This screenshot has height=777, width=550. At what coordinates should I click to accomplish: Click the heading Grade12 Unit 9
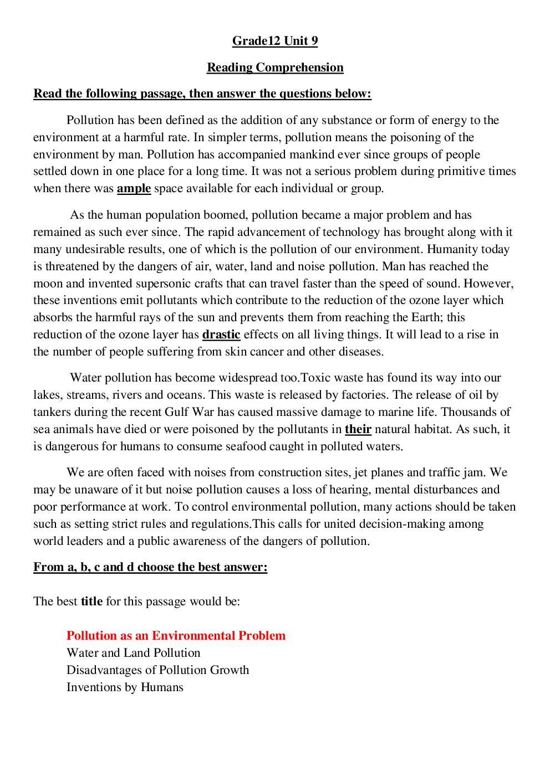coord(275,41)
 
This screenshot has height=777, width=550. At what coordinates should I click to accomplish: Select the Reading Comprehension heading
coord(275,68)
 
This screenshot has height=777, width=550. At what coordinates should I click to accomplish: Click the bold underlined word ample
coord(134,188)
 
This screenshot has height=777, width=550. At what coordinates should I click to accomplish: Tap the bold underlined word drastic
coord(221,335)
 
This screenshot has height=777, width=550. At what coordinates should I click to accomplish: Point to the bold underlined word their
coord(358,429)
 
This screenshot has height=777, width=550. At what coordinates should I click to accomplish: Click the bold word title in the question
coord(91,601)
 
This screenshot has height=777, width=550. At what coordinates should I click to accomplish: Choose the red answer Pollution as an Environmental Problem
coord(176,636)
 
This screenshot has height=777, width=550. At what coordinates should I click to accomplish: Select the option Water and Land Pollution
coord(133,653)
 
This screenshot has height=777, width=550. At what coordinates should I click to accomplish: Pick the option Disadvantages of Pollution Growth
coord(157,670)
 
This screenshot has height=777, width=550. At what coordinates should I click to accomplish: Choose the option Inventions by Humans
coord(125,687)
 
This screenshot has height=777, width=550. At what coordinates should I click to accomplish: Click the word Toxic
coord(315,378)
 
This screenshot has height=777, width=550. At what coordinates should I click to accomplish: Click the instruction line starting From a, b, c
coord(150,567)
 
